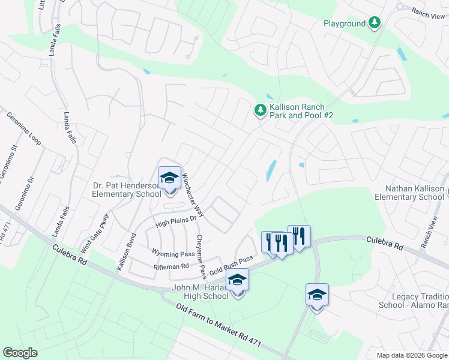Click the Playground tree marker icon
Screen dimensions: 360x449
[x=375, y=23]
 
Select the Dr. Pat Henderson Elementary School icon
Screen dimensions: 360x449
[x=169, y=178]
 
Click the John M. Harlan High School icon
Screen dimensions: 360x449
[x=237, y=280]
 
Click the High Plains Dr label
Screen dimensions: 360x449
[x=176, y=221]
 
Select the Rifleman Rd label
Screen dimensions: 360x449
[x=171, y=266]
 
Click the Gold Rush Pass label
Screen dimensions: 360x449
[x=231, y=266]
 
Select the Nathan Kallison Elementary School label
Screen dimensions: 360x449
[x=409, y=193]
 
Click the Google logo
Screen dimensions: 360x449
[x=20, y=353]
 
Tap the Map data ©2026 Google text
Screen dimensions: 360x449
[x=411, y=355]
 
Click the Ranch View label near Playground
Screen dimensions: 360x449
[x=428, y=12]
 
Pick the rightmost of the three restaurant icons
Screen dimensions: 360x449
[x=299, y=236]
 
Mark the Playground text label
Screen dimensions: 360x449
[x=345, y=24]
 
